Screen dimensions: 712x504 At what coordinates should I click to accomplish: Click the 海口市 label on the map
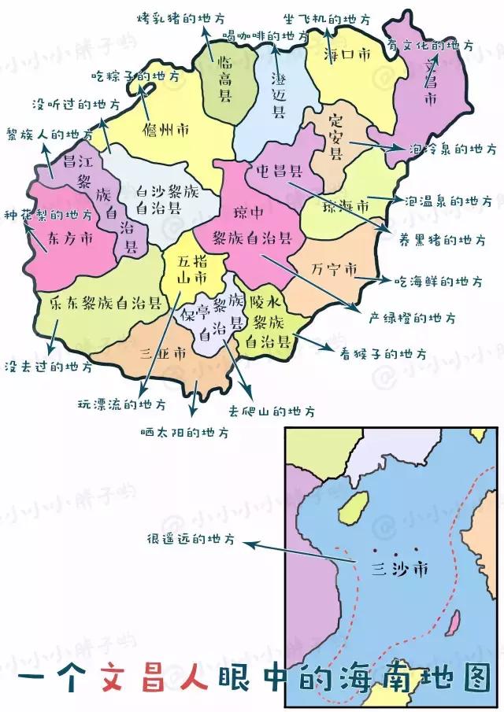click(x=347, y=55)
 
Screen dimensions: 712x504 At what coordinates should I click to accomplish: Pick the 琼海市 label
click(x=346, y=206)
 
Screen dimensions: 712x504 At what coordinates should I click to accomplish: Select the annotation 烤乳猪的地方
click(x=181, y=17)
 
